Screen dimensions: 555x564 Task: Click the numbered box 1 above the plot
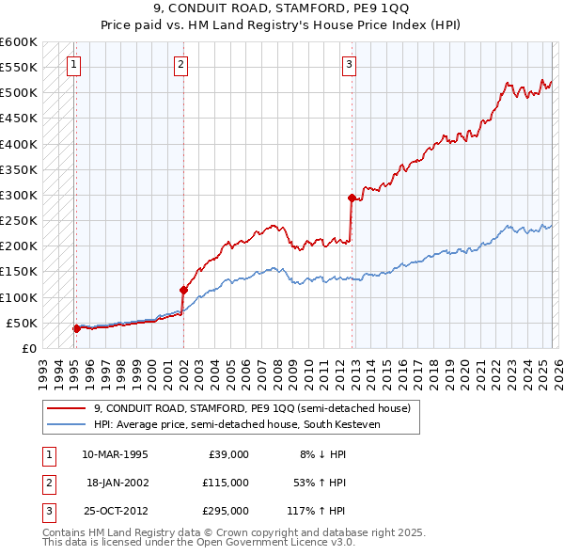[x=73, y=65]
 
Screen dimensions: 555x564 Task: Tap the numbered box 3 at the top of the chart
[x=349, y=65]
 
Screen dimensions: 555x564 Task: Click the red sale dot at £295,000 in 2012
[x=351, y=198]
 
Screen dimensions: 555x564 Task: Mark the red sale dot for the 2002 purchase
[x=183, y=290]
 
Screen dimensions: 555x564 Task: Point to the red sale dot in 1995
[x=76, y=328]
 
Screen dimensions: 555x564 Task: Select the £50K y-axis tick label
[x=22, y=323]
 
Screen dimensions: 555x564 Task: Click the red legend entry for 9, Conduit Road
[x=251, y=409]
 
